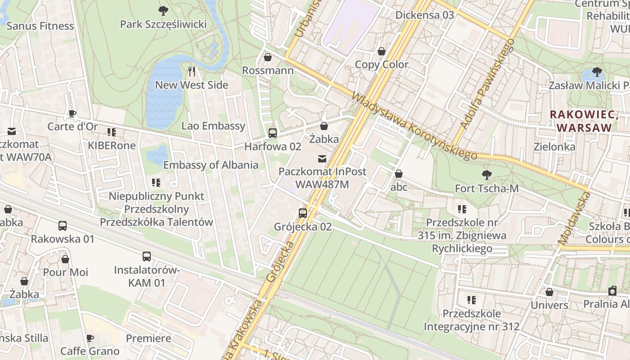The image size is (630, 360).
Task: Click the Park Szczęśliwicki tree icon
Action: pyautogui.click(x=163, y=10)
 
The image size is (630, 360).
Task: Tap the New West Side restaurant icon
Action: pyautogui.click(x=192, y=71)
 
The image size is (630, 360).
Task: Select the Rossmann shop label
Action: pyautogui.click(x=268, y=71)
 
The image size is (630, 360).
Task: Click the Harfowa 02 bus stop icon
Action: pyautogui.click(x=272, y=133)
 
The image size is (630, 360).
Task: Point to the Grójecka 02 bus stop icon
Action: pyautogui.click(x=303, y=213)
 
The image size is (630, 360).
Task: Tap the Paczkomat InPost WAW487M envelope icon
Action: pyautogui.click(x=322, y=158)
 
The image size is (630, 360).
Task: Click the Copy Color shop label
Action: pyautogui.click(x=382, y=64)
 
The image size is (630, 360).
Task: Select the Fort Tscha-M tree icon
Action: pyautogui.click(x=486, y=175)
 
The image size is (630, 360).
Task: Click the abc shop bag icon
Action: pyautogui.click(x=399, y=174)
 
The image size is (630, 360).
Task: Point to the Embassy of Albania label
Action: pyautogui.click(x=211, y=165)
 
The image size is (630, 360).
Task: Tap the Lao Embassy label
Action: pyautogui.click(x=213, y=126)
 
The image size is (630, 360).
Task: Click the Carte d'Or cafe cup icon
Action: pyautogui.click(x=72, y=113)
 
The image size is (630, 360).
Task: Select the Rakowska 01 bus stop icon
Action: pyautogui.click(x=63, y=226)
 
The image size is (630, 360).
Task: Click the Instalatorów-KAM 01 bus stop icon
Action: pyautogui.click(x=147, y=256)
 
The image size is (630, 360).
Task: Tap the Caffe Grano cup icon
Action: pyautogui.click(x=90, y=338)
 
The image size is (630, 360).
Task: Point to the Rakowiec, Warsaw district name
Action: pyautogui.click(x=581, y=121)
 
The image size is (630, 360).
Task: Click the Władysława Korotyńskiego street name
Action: pyautogui.click(x=414, y=126)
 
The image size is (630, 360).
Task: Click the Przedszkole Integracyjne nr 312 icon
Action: pyautogui.click(x=472, y=300)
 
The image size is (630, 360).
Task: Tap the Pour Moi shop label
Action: pyautogui.click(x=65, y=272)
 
